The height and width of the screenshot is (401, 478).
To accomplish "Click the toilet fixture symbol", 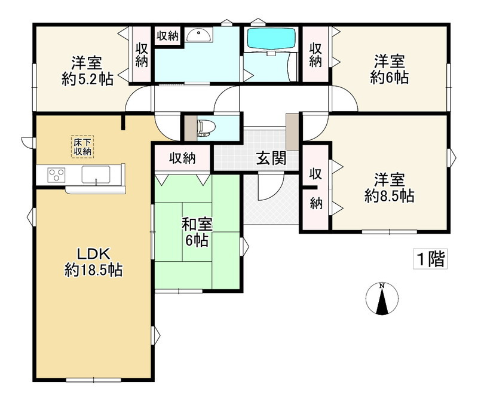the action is click(x=206, y=128).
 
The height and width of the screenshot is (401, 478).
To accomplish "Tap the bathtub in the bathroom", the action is click(x=271, y=38).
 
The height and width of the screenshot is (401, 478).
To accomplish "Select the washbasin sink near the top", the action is click(x=199, y=35).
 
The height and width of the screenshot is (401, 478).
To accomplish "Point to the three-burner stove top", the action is click(x=56, y=175).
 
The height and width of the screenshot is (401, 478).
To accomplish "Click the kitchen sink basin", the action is click(x=96, y=175).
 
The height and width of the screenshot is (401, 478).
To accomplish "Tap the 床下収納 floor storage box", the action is click(x=82, y=146).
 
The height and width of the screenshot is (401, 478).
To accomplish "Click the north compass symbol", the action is click(x=382, y=298).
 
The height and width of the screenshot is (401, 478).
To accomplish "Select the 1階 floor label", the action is click(x=430, y=259).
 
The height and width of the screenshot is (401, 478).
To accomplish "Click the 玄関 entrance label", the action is click(x=271, y=158).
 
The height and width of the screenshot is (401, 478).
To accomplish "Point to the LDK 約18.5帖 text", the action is click(x=93, y=262).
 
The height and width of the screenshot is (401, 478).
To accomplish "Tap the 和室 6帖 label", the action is click(x=197, y=232).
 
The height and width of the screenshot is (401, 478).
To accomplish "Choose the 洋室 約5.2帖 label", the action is click(x=87, y=71).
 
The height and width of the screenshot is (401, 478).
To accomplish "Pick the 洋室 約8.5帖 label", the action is click(x=390, y=188).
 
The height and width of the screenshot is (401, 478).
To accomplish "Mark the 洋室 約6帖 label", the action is click(x=390, y=69).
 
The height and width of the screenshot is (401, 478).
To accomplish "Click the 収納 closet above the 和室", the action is click(x=182, y=158).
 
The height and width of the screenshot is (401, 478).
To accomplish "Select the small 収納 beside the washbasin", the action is click(x=167, y=36).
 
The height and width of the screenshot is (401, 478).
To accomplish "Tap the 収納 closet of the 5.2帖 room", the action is click(x=142, y=55).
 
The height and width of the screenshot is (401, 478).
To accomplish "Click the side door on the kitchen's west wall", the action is click(x=28, y=142).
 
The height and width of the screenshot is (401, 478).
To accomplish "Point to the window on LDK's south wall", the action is click(x=94, y=380).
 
